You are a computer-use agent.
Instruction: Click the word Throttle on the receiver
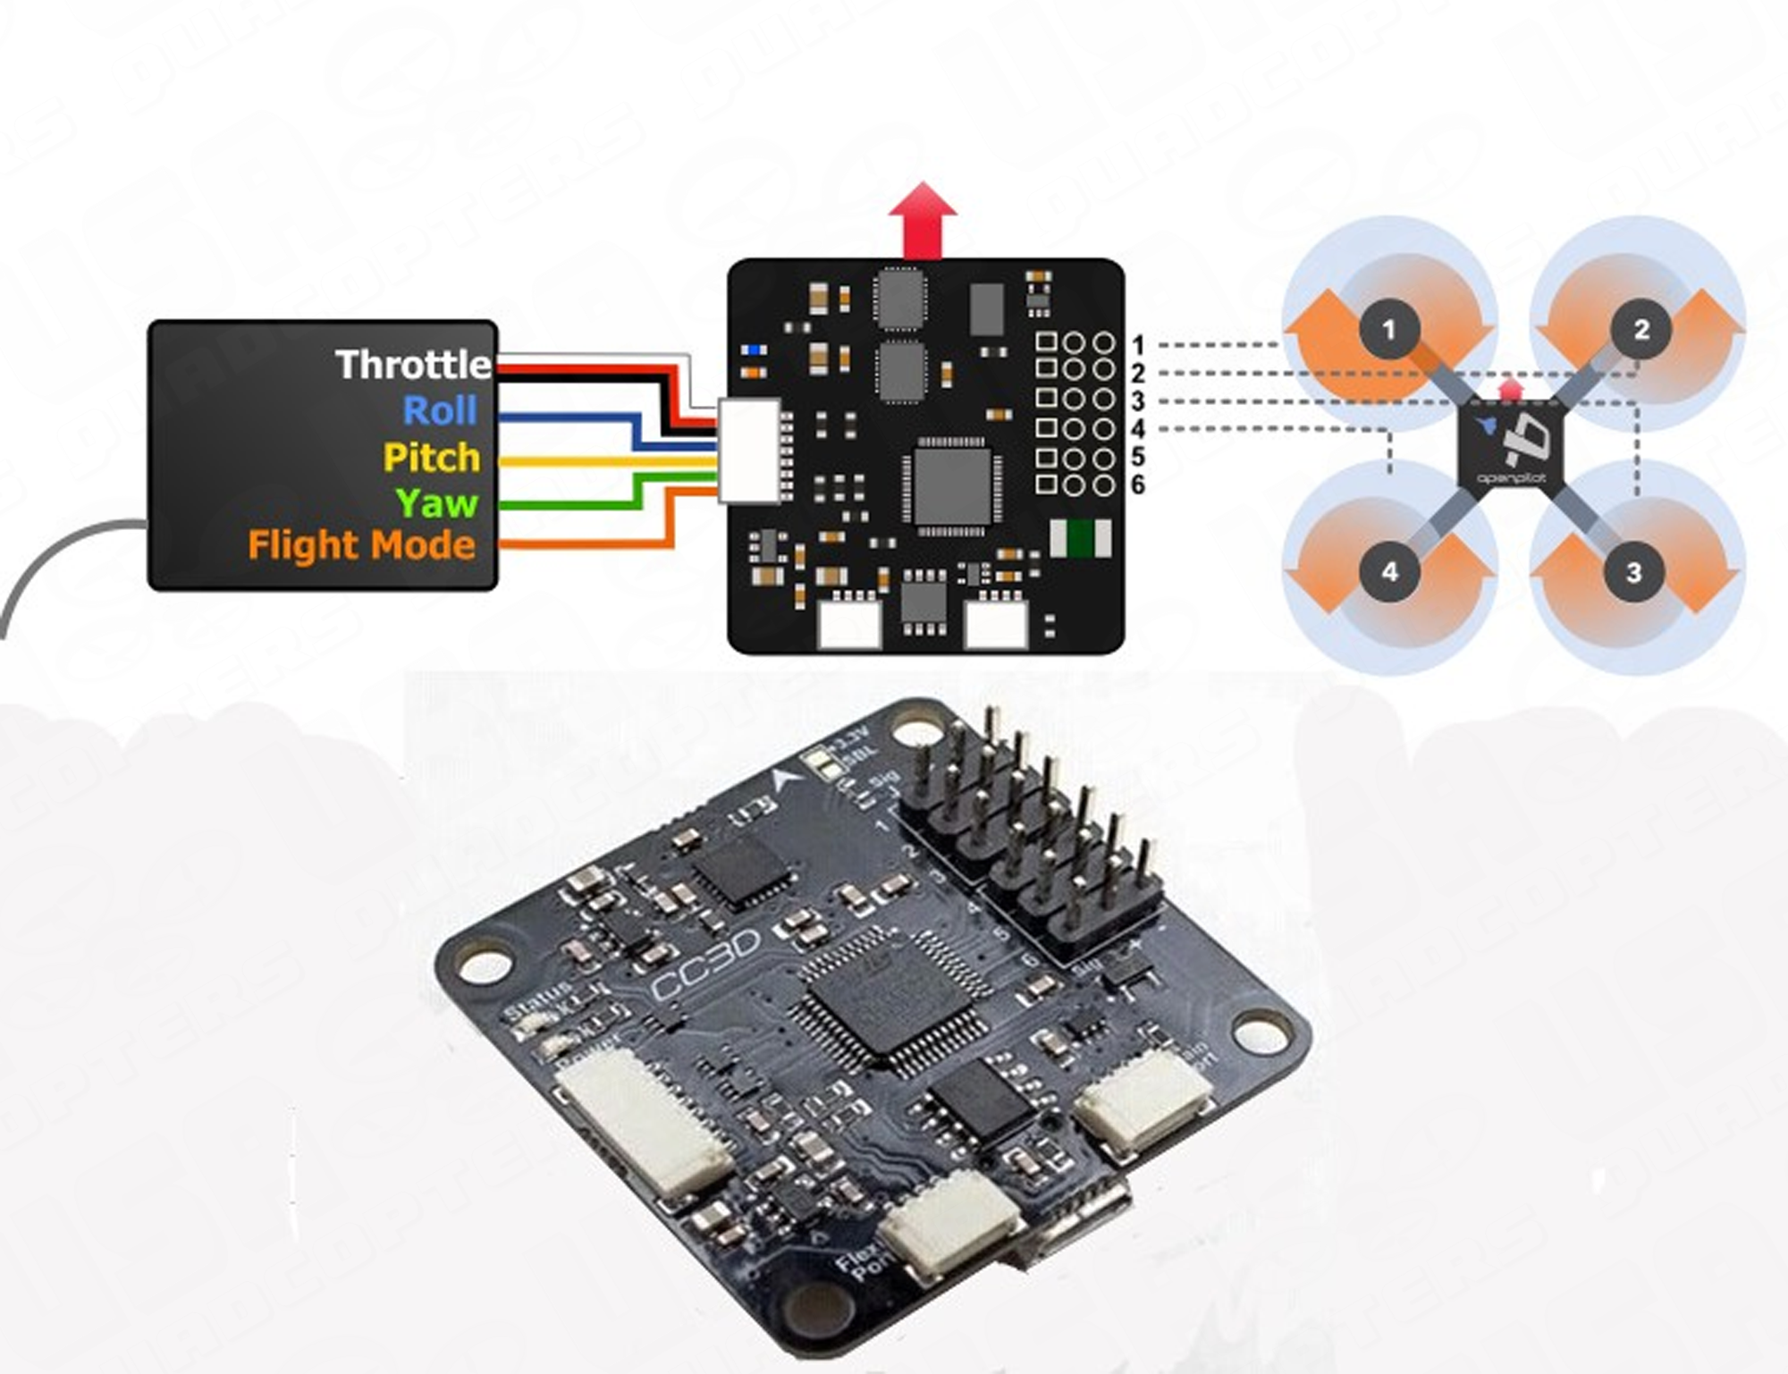(x=413, y=365)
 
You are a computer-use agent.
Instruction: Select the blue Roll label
(x=440, y=410)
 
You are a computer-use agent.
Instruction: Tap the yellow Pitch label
(x=432, y=457)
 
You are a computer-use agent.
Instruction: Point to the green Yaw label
(x=436, y=503)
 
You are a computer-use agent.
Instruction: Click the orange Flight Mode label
(x=361, y=545)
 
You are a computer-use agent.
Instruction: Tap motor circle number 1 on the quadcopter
(x=1388, y=330)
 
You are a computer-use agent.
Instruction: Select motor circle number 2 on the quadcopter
(x=1641, y=330)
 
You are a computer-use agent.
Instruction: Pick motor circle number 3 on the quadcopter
(x=1633, y=573)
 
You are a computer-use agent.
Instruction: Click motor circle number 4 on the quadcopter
(x=1389, y=572)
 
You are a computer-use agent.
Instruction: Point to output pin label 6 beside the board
(x=1138, y=485)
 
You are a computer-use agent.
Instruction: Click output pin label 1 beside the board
(x=1138, y=344)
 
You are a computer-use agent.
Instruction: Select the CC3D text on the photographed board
(x=705, y=964)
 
